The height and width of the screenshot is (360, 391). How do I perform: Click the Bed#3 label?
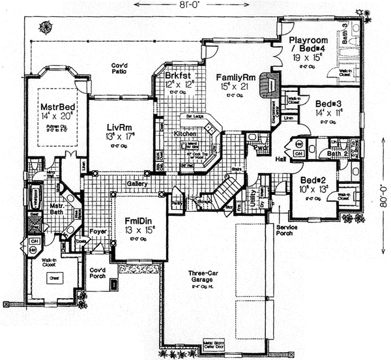pos(326,103)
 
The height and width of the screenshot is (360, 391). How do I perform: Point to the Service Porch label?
pos(287,232)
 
